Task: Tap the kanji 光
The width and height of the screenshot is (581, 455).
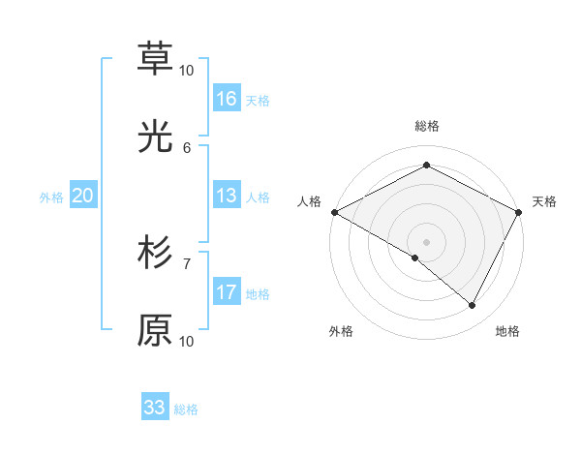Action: pos(155,137)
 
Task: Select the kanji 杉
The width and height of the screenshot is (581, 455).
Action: pos(155,253)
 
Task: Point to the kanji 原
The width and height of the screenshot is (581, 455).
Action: pos(155,331)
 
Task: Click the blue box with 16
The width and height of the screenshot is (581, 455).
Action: pos(227,99)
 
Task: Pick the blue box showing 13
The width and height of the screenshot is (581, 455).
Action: pos(227,196)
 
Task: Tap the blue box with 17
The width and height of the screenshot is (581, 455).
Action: pos(227,292)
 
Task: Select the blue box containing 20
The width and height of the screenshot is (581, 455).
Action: pos(82,196)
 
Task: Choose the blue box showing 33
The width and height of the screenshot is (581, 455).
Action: pos(155,407)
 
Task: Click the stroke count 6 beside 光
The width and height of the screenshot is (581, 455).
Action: pos(187,147)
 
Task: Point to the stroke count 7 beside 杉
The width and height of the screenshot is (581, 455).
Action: pos(187,262)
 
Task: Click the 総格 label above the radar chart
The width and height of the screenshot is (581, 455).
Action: pos(426,126)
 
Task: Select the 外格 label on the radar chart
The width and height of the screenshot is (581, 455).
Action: pos(341,331)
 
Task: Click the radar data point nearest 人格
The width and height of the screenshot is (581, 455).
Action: pos(334,212)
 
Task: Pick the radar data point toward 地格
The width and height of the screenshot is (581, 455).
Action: pos(473,306)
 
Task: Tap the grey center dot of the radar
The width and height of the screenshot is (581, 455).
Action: pos(426,241)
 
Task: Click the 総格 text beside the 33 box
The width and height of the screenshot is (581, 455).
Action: pos(186,409)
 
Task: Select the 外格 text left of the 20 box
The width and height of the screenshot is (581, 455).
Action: pos(51,197)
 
